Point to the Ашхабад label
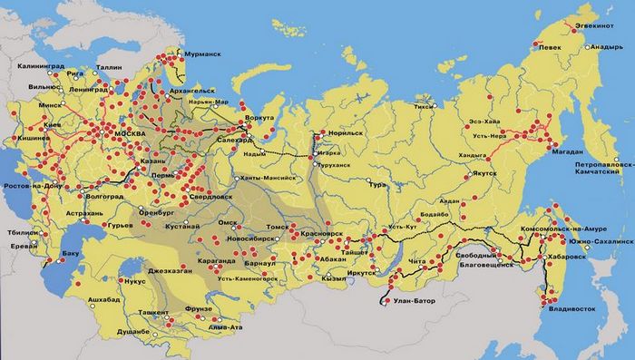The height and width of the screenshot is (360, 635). [x=93, y=298]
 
